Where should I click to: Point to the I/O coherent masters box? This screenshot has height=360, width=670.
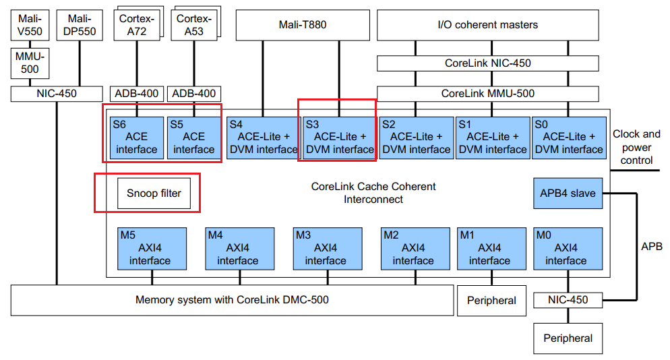[x=487, y=25]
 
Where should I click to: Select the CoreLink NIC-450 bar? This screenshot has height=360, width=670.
[x=487, y=63]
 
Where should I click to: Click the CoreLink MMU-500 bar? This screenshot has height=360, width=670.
[x=487, y=94]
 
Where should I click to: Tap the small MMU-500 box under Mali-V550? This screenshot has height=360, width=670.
[x=27, y=63]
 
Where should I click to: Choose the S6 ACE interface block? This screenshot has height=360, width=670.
[x=137, y=138]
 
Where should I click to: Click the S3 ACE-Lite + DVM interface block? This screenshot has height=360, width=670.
[x=339, y=138]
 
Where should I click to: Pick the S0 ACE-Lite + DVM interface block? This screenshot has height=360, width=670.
[x=568, y=138]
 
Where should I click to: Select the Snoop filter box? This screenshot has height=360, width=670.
[x=154, y=193]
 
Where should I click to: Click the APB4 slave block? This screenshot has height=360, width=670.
[x=568, y=193]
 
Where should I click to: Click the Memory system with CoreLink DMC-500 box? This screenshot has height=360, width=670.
[x=232, y=300]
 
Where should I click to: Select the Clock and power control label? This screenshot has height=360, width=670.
[x=636, y=147]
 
